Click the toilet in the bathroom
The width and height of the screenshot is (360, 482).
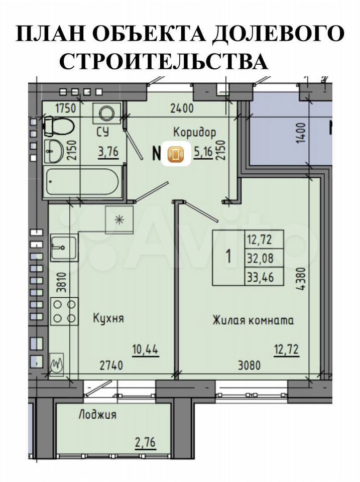click(x=59, y=126)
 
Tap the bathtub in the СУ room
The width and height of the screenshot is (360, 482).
click(x=82, y=181)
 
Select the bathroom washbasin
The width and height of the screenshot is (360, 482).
click(x=54, y=151)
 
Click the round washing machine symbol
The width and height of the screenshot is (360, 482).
click(x=106, y=113)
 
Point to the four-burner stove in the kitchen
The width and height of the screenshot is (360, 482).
click(x=64, y=311)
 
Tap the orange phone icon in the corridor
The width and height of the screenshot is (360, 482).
click(x=176, y=154)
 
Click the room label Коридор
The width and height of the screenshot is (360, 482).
click(x=195, y=133)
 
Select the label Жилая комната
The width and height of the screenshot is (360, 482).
click(x=253, y=320)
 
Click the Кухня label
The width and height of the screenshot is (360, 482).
click(x=108, y=318)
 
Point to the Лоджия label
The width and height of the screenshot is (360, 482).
click(x=97, y=415)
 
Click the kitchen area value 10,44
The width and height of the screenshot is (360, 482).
click(x=146, y=349)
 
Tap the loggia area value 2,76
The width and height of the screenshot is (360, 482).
click(x=146, y=443)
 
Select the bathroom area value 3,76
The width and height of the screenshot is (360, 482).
click(x=108, y=152)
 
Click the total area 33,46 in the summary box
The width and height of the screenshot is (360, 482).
click(x=260, y=277)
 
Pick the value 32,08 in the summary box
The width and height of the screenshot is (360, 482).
click(x=260, y=258)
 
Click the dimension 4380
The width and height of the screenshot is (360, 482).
click(x=302, y=279)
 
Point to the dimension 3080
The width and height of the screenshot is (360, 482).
click(x=250, y=366)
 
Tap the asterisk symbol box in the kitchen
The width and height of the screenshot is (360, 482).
click(x=119, y=220)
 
